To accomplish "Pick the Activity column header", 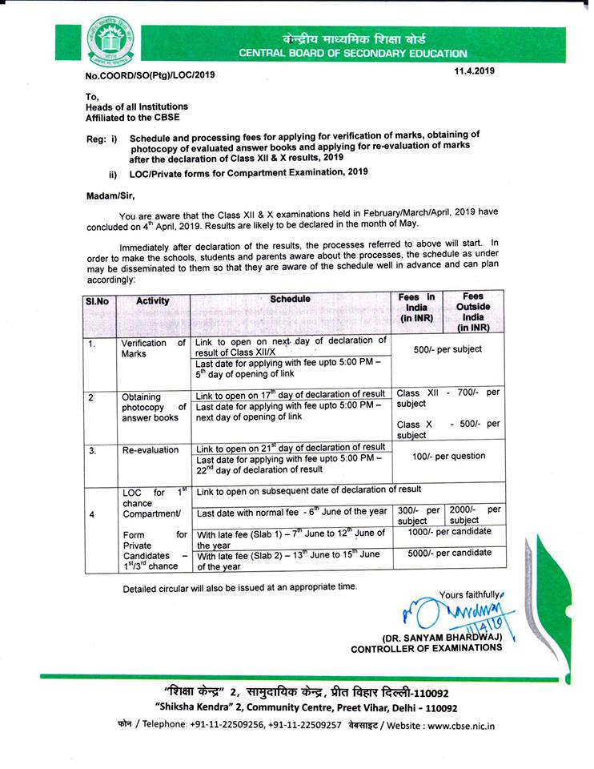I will (x=152, y=301).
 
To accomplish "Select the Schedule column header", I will (x=290, y=300).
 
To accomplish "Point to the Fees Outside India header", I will (x=473, y=312).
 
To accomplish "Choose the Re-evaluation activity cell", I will (x=151, y=449).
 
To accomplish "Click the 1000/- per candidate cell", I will (x=448, y=531).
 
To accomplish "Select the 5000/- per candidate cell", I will (x=448, y=553).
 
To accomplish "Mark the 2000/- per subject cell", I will (x=476, y=515).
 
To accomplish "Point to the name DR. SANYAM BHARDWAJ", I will (x=441, y=637).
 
